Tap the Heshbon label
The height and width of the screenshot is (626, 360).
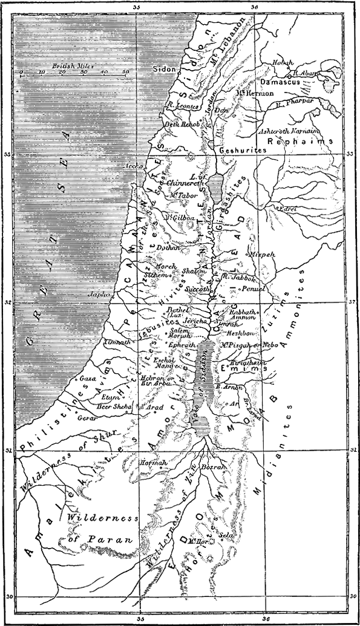[x=237, y=333]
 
